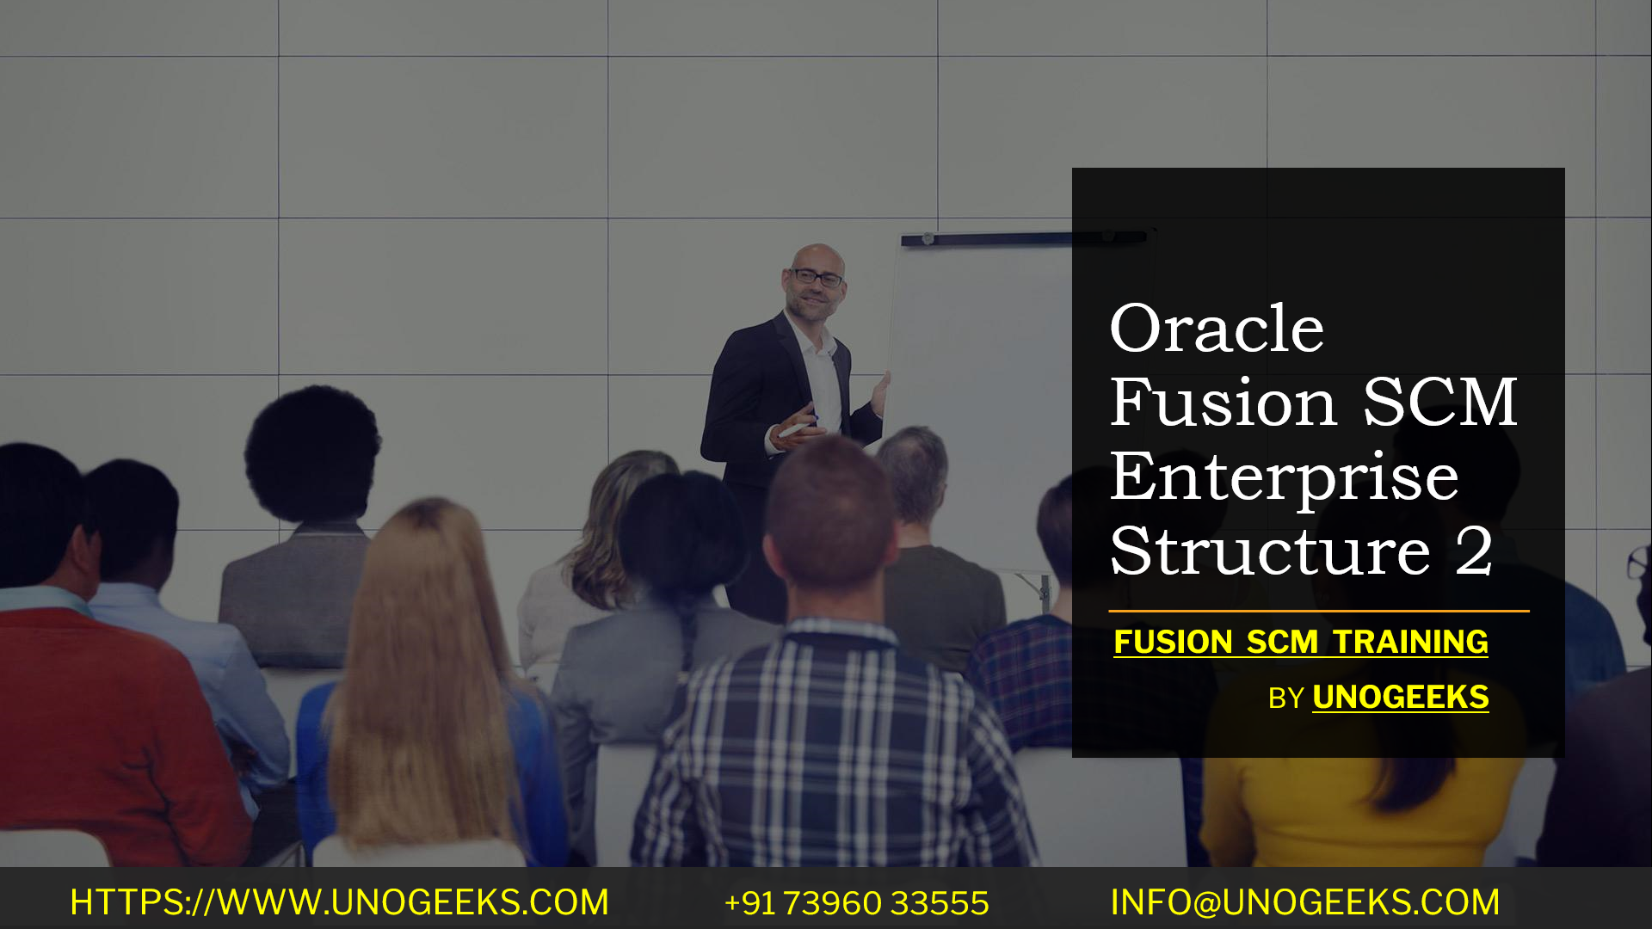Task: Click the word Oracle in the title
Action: tap(1216, 329)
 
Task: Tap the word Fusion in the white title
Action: tap(1223, 403)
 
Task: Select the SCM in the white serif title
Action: tap(1439, 403)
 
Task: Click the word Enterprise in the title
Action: tap(1284, 478)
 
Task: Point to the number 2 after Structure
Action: tap(1474, 552)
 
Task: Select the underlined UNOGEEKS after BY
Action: tap(1400, 698)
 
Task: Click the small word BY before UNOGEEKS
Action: tap(1285, 698)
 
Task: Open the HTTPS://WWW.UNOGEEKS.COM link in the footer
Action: tap(339, 902)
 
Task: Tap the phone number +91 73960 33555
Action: tap(856, 903)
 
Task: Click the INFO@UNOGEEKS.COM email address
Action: tap(1304, 902)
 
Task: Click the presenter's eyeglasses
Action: tap(817, 278)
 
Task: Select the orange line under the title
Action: tap(1318, 612)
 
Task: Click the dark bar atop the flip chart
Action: tap(989, 239)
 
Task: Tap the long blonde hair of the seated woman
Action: tap(422, 671)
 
